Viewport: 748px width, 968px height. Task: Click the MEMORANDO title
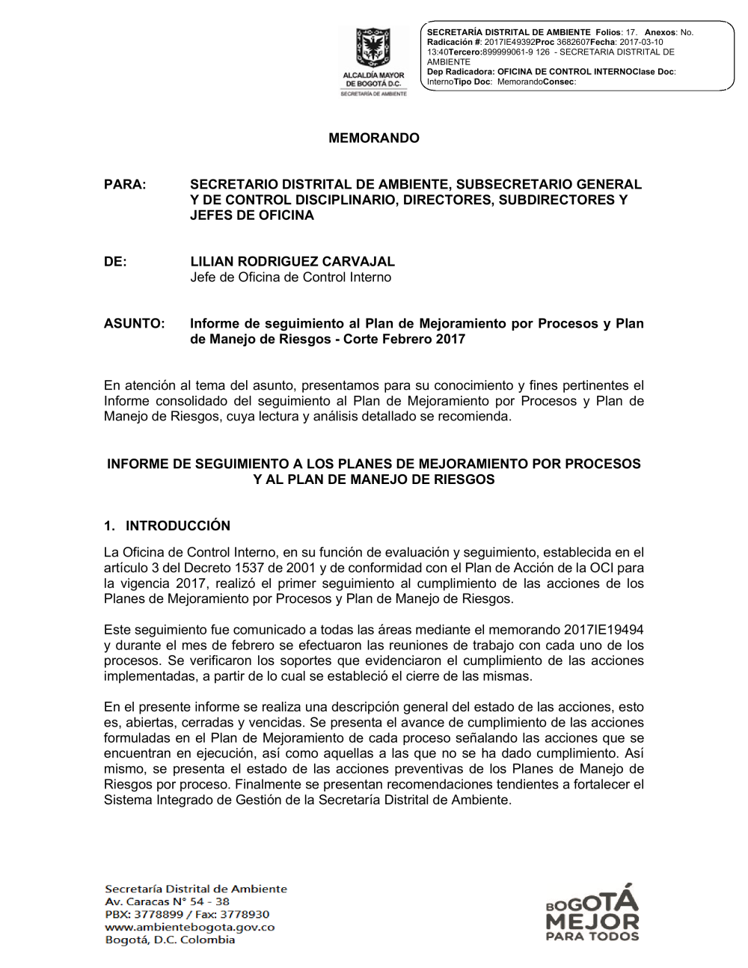tap(374, 138)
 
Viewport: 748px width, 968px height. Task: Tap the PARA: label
tap(125, 185)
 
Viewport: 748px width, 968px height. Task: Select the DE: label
tap(115, 262)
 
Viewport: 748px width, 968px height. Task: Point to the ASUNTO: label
tap(134, 324)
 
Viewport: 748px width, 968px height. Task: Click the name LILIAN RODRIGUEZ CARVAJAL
tap(292, 262)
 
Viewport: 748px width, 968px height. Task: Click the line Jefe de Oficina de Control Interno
tap(290, 278)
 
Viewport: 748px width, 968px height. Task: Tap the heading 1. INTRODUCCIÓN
tap(168, 526)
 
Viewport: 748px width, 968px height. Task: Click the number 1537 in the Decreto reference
tap(249, 569)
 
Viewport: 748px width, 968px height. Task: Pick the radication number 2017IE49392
tap(509, 43)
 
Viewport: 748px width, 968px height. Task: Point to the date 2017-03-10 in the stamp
tap(641, 43)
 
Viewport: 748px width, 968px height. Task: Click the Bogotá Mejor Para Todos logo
tap(592, 913)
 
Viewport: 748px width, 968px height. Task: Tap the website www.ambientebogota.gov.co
tap(190, 928)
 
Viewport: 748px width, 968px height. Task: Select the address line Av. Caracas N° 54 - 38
tap(167, 902)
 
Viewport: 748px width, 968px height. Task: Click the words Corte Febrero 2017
tap(404, 340)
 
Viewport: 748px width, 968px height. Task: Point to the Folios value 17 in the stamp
tap(631, 33)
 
